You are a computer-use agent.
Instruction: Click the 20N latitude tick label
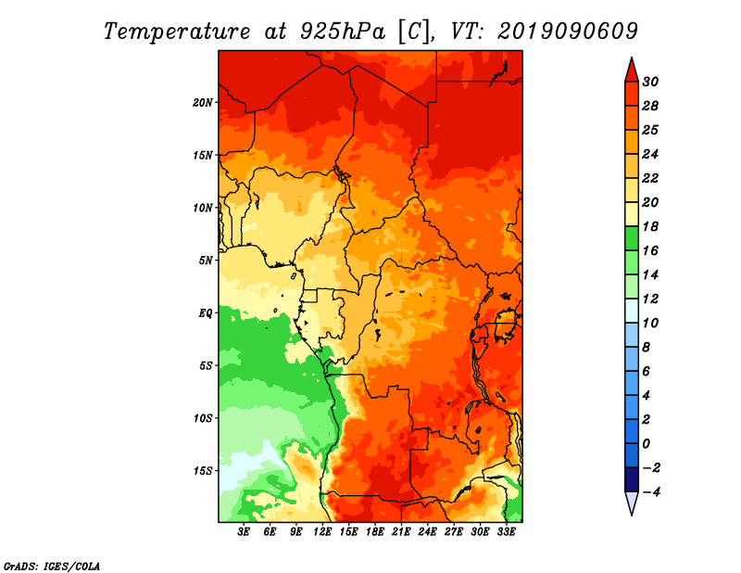click(x=203, y=102)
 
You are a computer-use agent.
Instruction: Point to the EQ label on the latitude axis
click(x=206, y=312)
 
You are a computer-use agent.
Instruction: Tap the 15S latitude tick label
click(x=203, y=470)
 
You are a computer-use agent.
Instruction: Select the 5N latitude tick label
click(x=206, y=260)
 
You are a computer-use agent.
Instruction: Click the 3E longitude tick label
click(x=245, y=532)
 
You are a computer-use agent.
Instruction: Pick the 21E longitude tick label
click(x=401, y=532)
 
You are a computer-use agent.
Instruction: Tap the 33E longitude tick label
click(x=506, y=532)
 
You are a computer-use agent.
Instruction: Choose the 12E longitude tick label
click(x=323, y=532)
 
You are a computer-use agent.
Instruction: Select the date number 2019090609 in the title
click(x=568, y=31)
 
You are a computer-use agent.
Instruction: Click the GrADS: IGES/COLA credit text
click(x=52, y=565)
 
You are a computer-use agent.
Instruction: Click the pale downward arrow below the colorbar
click(x=631, y=503)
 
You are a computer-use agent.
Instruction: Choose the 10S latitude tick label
click(x=203, y=417)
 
